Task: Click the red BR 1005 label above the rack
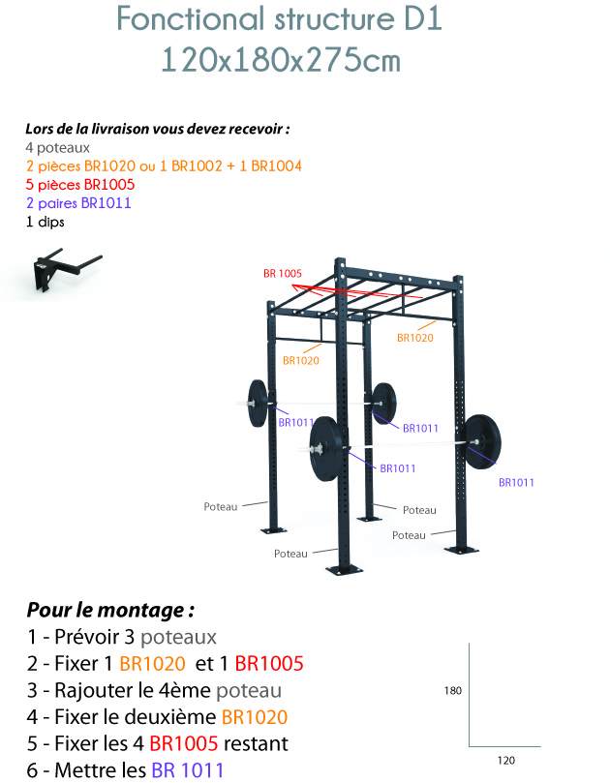[283, 273]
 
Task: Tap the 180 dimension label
[452, 691]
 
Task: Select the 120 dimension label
[506, 760]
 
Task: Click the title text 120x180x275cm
[281, 60]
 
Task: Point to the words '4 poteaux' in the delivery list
[58, 148]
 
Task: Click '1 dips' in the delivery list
[46, 222]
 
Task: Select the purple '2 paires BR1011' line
[79, 203]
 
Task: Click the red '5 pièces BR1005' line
[80, 185]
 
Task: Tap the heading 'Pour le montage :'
[110, 610]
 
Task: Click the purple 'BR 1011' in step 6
[188, 770]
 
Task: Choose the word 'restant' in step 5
[256, 743]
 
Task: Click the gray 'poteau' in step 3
[249, 691]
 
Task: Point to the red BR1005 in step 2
[269, 664]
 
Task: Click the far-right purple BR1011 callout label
[516, 482]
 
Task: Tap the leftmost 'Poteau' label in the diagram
[221, 507]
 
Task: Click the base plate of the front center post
[343, 569]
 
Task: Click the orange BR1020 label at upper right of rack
[415, 338]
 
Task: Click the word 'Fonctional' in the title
[192, 19]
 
